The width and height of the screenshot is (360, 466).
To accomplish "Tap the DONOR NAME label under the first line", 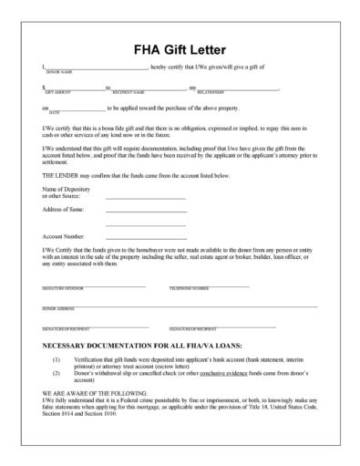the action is click(x=57, y=71).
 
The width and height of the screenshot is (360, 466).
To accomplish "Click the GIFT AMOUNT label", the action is click(x=57, y=92).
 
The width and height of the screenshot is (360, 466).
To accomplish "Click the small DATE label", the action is click(x=54, y=112).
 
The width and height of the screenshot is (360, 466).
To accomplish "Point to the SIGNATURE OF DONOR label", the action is click(x=63, y=288).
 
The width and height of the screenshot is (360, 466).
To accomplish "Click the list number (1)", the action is click(x=57, y=362).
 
